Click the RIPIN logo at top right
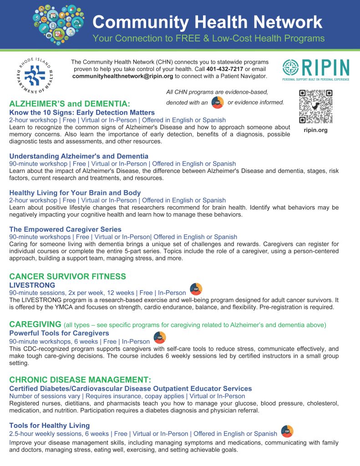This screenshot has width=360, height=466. (315, 70)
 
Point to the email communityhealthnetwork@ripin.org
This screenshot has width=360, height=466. (122, 76)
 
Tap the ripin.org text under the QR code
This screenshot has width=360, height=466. (315, 131)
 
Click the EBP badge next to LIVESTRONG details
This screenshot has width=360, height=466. (196, 289)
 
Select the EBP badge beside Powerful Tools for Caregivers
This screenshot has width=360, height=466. (160, 338)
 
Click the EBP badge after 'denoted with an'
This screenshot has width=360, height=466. (218, 102)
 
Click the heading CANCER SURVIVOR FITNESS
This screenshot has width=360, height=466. (68, 276)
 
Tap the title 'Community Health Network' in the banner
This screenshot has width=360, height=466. (207, 22)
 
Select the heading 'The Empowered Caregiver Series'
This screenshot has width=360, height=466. (65, 229)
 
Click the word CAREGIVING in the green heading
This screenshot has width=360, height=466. (35, 324)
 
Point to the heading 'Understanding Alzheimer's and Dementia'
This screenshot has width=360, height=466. (79, 156)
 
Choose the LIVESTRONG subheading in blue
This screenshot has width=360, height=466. (32, 285)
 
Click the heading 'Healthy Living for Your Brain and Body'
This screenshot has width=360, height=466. (75, 192)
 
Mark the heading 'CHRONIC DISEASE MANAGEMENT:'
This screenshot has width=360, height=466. (80, 380)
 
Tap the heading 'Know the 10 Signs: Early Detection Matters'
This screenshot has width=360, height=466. (82, 112)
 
